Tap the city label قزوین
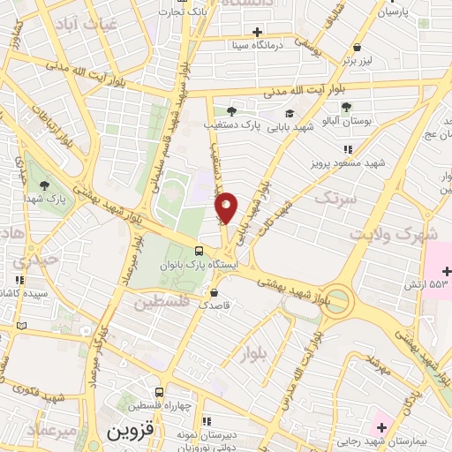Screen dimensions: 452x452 131,433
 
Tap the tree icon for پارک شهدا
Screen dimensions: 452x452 44,185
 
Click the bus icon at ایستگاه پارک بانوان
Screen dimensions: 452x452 200,251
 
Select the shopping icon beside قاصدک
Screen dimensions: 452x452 213,292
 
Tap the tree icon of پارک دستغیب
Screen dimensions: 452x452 230,111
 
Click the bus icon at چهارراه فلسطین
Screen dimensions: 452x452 158,392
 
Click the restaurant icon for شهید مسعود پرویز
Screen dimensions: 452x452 348,150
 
